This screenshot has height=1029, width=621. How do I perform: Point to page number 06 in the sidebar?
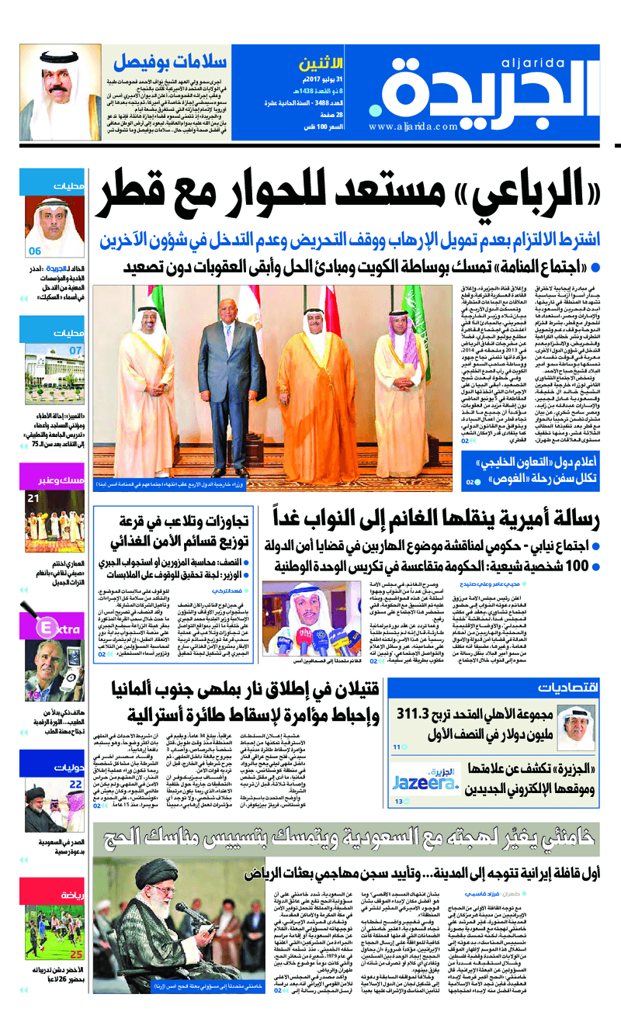click(35, 251)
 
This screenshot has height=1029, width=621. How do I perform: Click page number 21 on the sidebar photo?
click(33, 498)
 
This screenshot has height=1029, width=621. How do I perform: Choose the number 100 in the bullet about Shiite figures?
click(572, 566)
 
